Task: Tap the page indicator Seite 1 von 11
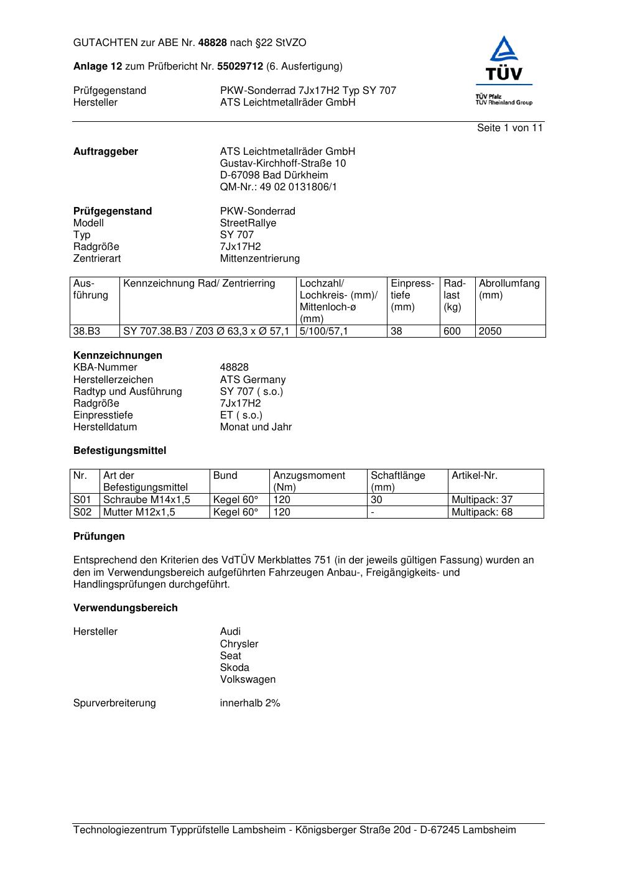(x=509, y=128)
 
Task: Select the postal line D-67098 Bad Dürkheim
(x=274, y=175)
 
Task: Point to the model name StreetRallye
(x=248, y=223)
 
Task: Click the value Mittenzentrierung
(x=259, y=259)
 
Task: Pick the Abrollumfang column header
(x=509, y=289)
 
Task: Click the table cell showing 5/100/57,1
(x=323, y=331)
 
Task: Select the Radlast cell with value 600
(x=452, y=331)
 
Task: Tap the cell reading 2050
(x=490, y=331)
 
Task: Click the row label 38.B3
(x=86, y=331)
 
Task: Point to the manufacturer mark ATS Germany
(x=253, y=380)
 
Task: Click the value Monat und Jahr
(x=256, y=427)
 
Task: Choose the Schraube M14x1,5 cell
(x=147, y=500)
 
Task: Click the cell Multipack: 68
(x=482, y=512)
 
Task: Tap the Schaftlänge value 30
(x=376, y=500)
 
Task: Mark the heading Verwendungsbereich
(x=126, y=608)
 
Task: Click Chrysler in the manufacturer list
(x=239, y=644)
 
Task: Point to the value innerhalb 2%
(x=250, y=703)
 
